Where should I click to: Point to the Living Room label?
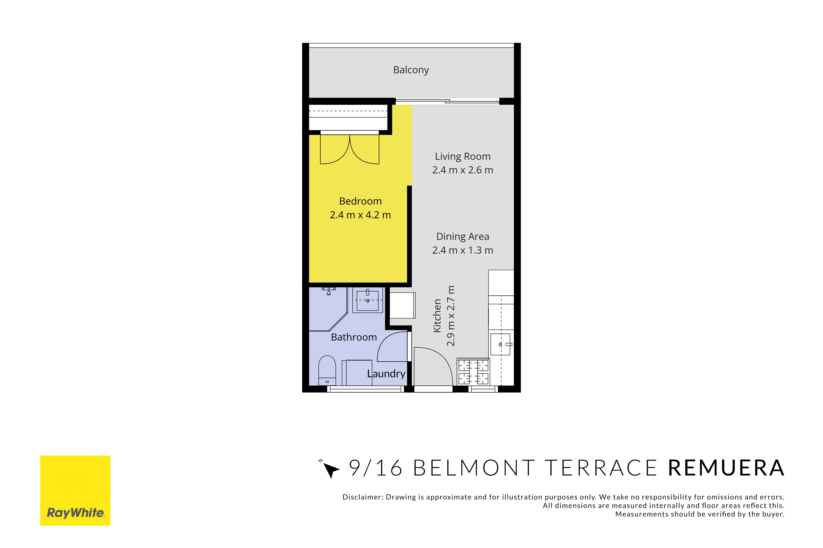(463, 157)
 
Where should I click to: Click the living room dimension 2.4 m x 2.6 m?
(463, 170)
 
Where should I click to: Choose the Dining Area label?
(463, 237)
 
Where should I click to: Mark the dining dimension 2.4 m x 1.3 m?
(463, 250)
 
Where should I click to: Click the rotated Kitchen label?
(437, 316)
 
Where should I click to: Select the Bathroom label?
(354, 337)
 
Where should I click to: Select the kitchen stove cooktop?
(473, 371)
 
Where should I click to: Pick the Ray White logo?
(75, 490)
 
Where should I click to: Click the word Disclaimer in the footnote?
(363, 497)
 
